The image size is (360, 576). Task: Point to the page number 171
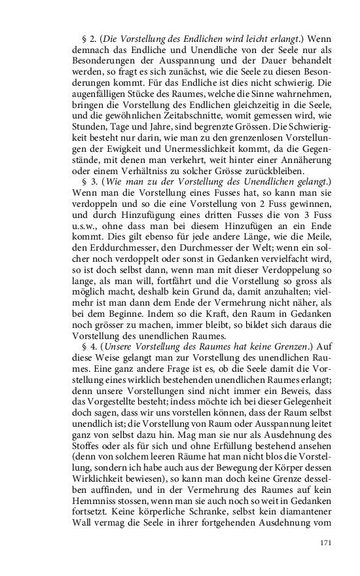[x=327, y=543]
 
